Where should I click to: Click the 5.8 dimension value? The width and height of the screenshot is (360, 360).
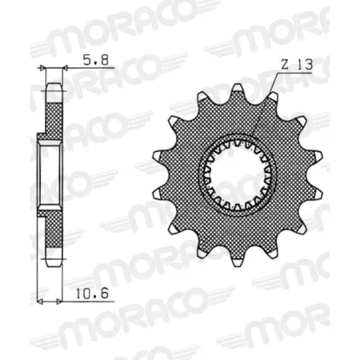[90, 58]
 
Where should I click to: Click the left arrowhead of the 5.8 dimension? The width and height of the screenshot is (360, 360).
[46, 70]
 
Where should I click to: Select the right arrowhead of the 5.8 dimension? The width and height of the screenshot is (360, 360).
[61, 70]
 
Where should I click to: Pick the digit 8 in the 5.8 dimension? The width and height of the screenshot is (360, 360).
[97, 58]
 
